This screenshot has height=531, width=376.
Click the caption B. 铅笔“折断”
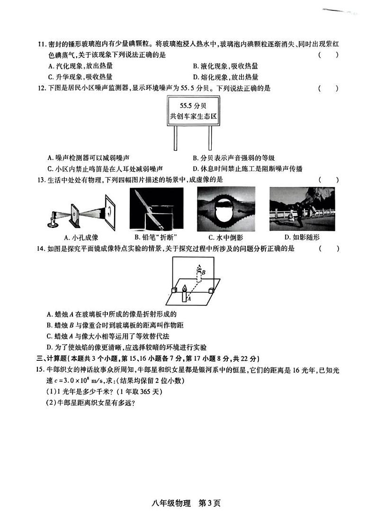coord(156,237)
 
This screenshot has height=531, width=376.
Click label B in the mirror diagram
coord(204,272)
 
